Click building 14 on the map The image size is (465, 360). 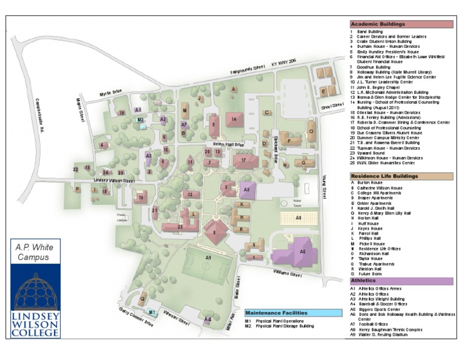234,119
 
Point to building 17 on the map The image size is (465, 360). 243,161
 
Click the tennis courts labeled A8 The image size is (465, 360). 297,217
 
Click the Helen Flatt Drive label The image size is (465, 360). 227,145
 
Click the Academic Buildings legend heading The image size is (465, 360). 378,24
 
